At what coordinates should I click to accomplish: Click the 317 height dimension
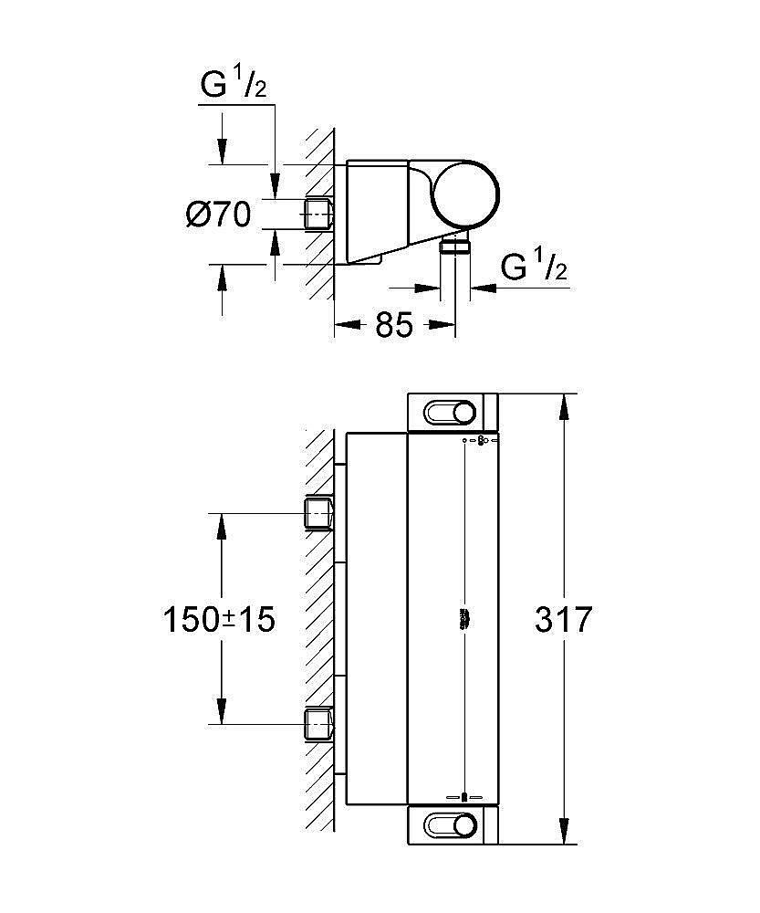coord(563,620)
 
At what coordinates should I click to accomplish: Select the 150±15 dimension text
coord(219,620)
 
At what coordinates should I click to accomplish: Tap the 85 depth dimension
coord(394,324)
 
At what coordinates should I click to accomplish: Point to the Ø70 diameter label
coord(219,215)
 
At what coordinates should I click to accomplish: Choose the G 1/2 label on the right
coord(535,267)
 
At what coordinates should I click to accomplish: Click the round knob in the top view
coord(465,194)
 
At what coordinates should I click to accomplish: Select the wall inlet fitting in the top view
coord(318,214)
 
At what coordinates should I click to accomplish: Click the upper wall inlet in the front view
coord(318,513)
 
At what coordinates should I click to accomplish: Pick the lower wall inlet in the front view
coord(318,723)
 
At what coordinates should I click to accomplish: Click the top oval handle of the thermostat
coord(451,414)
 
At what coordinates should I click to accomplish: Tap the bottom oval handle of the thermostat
coord(451,826)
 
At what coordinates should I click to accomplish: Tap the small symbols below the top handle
coord(481,442)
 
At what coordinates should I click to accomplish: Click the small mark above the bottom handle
coord(465,796)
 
